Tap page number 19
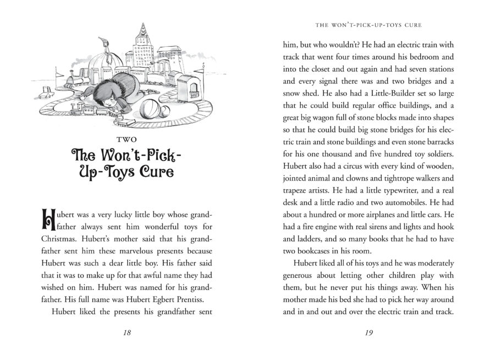pos(369,333)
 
